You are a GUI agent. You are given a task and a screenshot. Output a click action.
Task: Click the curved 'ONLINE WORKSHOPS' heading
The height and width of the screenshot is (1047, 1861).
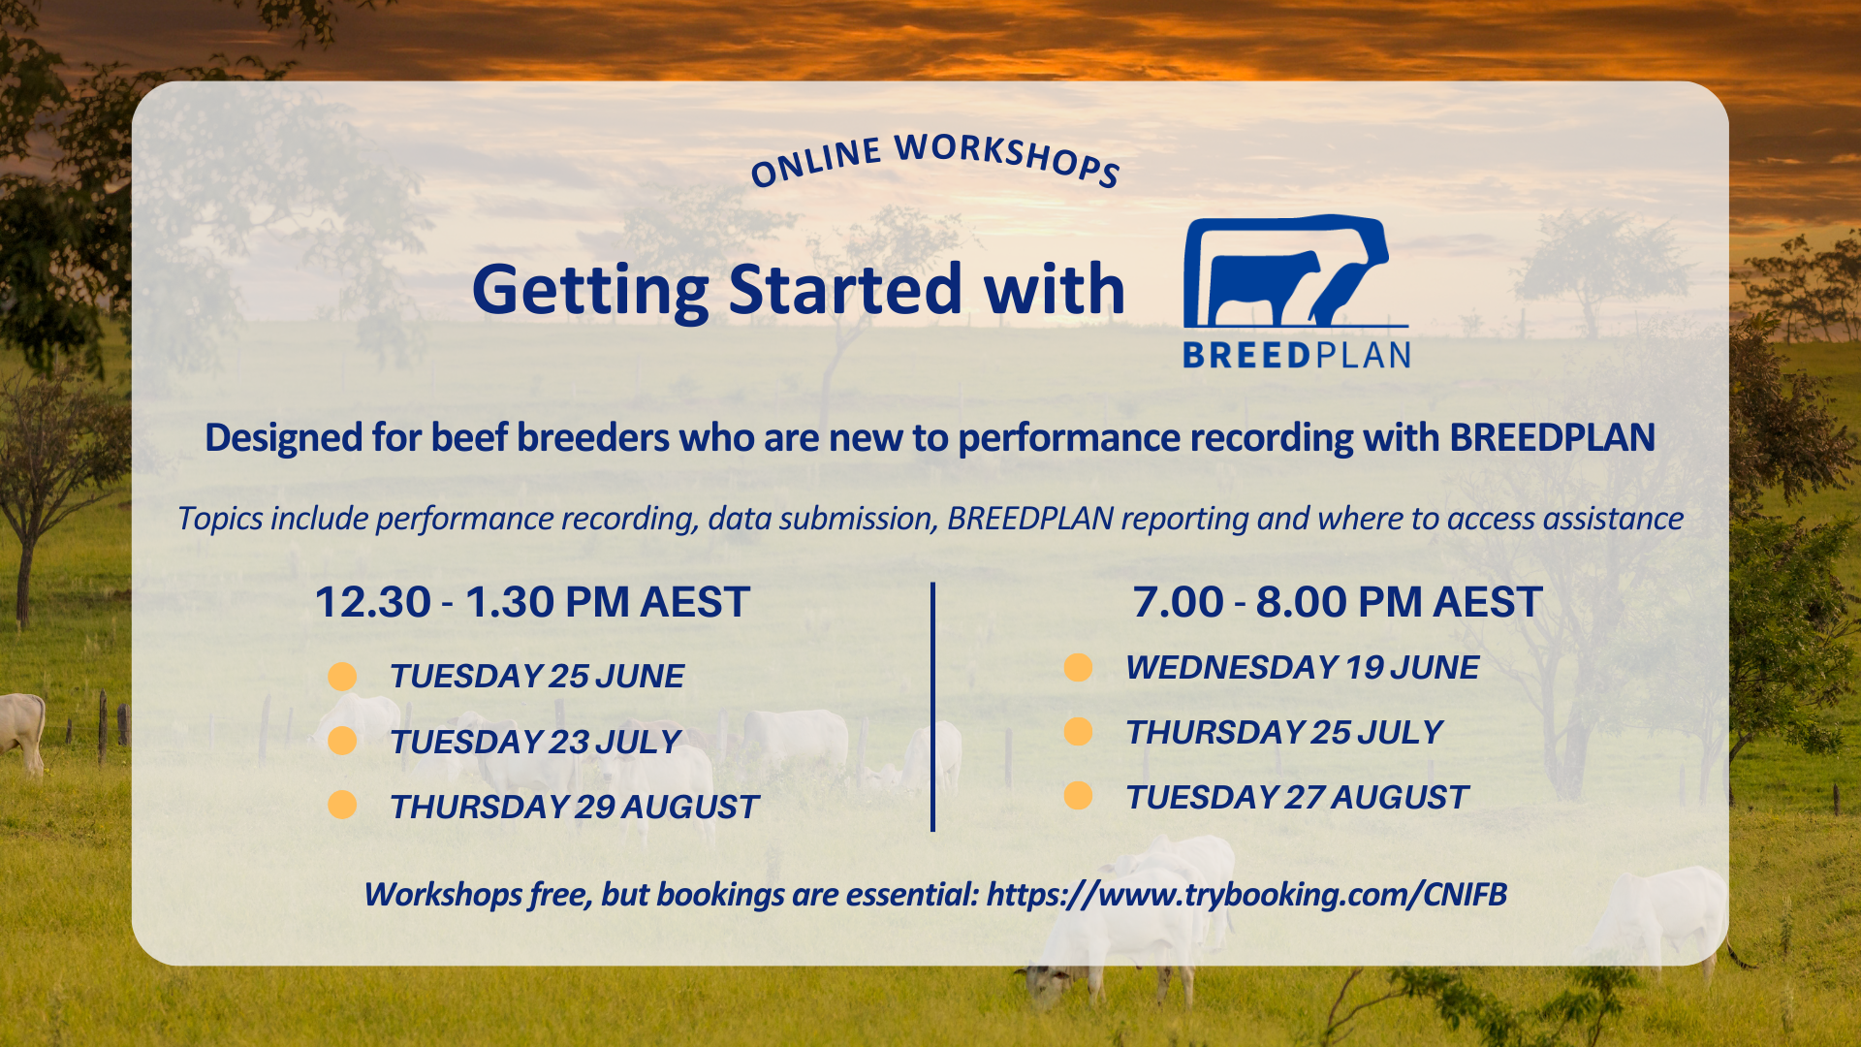tap(935, 160)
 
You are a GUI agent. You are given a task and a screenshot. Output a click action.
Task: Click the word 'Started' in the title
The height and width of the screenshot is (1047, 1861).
tap(845, 290)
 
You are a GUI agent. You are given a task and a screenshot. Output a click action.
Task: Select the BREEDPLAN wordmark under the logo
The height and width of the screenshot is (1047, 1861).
tap(1296, 355)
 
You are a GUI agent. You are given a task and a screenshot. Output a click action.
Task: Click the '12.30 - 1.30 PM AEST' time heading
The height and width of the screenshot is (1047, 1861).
tap(532, 602)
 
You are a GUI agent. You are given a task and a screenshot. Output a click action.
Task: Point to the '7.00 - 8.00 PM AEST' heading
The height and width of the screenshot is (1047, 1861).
tap(1337, 602)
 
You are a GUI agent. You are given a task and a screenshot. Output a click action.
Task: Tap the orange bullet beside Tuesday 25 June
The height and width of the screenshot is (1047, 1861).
tap(342, 677)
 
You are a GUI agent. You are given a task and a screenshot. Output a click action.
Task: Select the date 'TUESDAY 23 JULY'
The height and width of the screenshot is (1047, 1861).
tap(535, 743)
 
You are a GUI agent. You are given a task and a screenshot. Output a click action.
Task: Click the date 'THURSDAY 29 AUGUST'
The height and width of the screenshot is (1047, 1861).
tap(574, 808)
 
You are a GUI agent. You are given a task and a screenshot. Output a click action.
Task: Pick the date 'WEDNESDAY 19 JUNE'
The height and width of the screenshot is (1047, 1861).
tap(1302, 668)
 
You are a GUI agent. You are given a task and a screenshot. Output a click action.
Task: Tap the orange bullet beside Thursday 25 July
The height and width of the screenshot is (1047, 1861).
tap(1078, 732)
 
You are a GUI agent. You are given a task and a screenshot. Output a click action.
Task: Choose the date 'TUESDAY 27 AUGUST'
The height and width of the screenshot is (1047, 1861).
tap(1297, 798)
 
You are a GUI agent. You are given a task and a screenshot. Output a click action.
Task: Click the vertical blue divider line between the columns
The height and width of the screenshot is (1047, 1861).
tap(932, 708)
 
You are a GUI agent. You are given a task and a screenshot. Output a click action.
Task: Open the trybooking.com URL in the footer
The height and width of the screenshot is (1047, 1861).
tap(1246, 894)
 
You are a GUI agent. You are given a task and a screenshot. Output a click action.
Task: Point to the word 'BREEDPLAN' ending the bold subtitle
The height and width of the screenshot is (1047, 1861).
tap(1552, 438)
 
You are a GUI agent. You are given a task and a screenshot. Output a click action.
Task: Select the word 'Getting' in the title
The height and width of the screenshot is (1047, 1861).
tap(590, 290)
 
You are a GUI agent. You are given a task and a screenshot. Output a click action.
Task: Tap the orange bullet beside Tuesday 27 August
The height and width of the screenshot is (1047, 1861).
tap(1078, 797)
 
